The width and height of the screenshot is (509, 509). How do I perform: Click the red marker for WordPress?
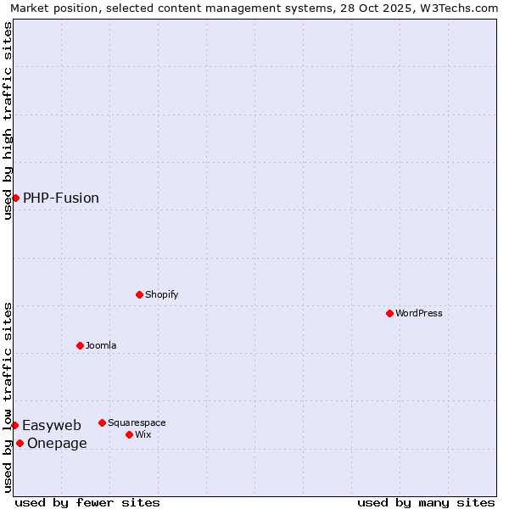click(x=389, y=313)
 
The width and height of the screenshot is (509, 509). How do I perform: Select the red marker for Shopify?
click(x=139, y=294)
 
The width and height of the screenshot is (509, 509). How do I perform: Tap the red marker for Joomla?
click(x=80, y=345)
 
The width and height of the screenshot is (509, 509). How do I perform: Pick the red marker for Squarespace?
click(x=102, y=422)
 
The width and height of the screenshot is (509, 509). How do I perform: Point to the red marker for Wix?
click(x=129, y=434)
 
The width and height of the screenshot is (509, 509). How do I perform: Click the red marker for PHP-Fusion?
click(x=15, y=198)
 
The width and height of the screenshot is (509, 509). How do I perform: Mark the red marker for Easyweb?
click(x=14, y=425)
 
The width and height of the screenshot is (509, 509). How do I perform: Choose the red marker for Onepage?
click(x=20, y=443)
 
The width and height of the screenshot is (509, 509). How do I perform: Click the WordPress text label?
click(x=419, y=313)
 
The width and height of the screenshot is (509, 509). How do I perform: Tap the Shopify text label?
click(x=161, y=294)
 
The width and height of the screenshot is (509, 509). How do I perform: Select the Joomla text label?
click(x=101, y=345)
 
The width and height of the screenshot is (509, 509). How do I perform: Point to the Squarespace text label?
click(x=137, y=422)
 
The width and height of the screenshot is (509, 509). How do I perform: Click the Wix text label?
click(x=143, y=434)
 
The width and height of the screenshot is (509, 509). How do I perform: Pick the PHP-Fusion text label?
click(x=61, y=198)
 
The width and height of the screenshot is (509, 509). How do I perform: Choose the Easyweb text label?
click(x=52, y=425)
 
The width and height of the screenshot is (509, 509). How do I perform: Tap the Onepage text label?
click(x=57, y=443)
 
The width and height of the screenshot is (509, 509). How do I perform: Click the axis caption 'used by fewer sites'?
click(x=87, y=502)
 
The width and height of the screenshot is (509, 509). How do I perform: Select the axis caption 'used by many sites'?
click(x=426, y=502)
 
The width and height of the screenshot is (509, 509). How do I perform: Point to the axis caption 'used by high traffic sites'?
click(x=8, y=120)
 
